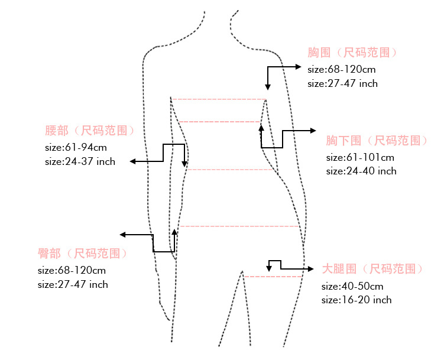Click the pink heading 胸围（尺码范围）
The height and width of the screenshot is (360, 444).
tap(352, 53)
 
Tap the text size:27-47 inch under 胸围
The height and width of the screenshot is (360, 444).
tap(342, 83)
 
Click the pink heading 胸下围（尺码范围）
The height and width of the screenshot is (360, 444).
tap(377, 141)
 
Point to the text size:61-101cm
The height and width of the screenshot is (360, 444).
tap(360, 157)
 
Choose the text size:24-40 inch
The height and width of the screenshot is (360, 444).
tap(361, 171)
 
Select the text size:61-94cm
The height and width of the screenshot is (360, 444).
tap(76, 147)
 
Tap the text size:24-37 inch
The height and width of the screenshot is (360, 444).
tap(80, 161)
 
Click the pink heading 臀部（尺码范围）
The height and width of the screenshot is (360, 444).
tap(83, 254)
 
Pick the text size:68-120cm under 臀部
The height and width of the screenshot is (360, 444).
tap(72, 270)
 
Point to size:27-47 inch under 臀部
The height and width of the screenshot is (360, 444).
tap(73, 284)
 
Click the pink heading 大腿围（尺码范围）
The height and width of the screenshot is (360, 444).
tap(373, 269)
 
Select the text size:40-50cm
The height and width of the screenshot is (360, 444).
tap(352, 286)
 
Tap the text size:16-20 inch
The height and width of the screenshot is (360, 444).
tap(357, 300)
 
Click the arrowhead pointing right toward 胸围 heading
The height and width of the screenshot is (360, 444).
tap(299, 67)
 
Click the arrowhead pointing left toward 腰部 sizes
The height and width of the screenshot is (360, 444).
tap(134, 161)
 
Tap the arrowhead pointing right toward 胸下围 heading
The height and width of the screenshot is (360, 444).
tap(313, 131)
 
